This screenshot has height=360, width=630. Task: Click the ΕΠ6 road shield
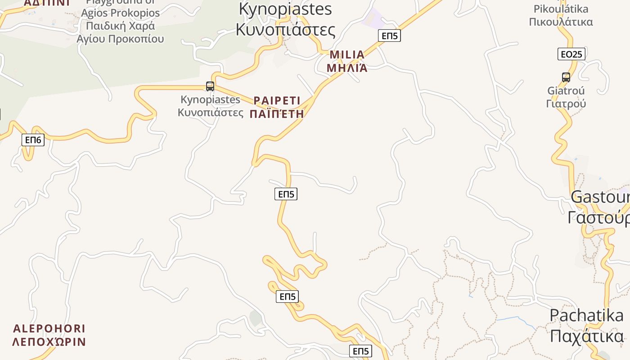tap(33, 140)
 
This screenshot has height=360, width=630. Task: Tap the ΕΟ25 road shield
tap(571, 54)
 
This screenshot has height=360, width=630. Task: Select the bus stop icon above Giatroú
tap(566, 77)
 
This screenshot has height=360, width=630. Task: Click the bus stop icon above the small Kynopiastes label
tap(210, 86)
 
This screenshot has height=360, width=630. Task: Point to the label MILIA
tap(347, 55)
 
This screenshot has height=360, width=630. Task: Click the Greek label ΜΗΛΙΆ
tap(347, 68)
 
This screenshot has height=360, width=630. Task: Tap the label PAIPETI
tap(277, 100)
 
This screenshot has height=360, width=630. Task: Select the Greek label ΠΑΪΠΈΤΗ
tap(277, 114)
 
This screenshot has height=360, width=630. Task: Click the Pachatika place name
tap(586, 315)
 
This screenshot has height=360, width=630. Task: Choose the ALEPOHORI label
tap(49, 328)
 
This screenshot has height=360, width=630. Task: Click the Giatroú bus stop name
tap(566, 90)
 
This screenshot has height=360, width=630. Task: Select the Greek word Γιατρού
tap(566, 103)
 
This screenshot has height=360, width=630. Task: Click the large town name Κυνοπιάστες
tap(285, 30)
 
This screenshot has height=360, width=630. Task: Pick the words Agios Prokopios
tap(121, 13)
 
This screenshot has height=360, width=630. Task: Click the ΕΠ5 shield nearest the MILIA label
tap(389, 36)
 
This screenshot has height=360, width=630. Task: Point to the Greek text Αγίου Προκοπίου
tap(121, 39)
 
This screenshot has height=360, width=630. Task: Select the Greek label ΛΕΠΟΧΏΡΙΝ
tap(49, 342)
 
